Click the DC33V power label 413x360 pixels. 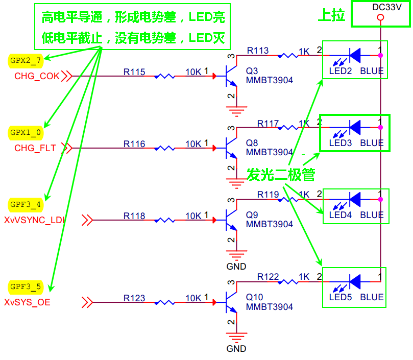point(380,8)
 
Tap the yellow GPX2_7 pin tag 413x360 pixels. point(26,60)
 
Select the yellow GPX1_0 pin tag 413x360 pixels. point(26,132)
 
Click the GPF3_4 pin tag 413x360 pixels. point(26,204)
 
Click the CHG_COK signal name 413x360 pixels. point(37,77)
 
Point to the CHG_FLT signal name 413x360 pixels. point(36,149)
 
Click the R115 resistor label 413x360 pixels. point(134,73)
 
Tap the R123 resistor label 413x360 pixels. point(134,298)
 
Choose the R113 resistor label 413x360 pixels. point(258,51)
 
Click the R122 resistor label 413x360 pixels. point(268,277)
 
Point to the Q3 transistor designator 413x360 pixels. point(252,71)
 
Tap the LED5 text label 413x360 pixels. point(340,297)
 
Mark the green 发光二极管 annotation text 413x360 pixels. point(281,175)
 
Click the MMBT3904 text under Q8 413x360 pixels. point(270,152)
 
